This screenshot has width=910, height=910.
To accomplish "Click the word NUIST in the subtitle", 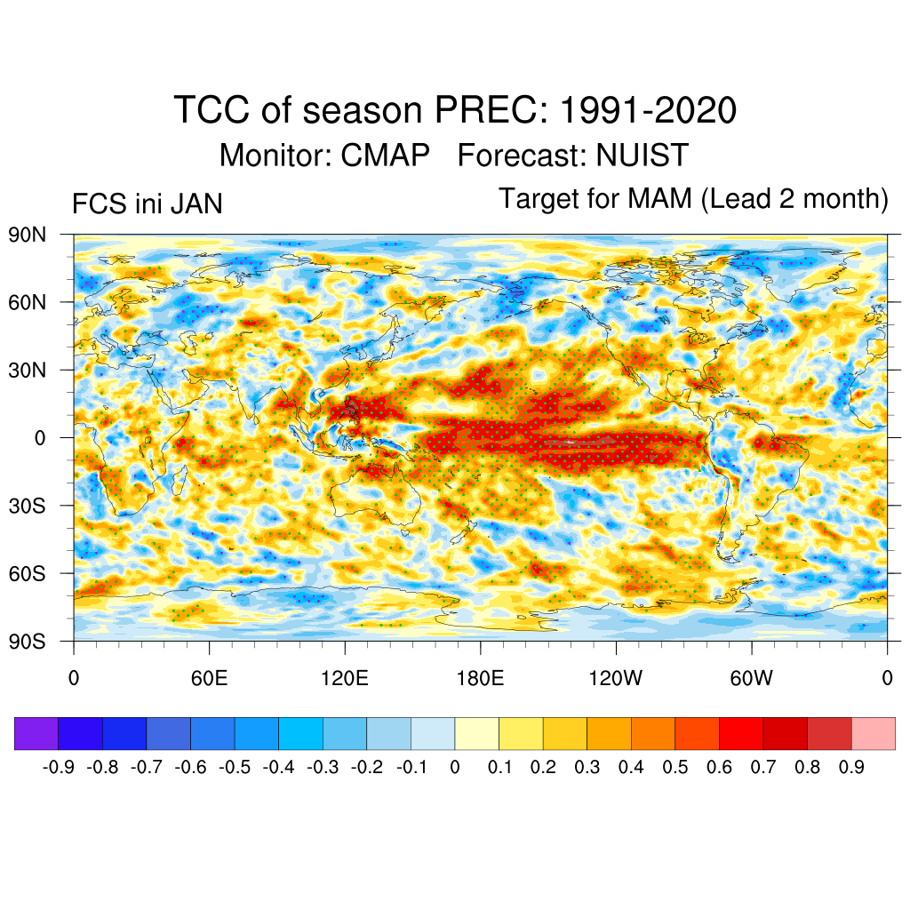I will pyautogui.click(x=643, y=156).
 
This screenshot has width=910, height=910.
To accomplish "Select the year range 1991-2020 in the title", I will pyautogui.click(x=648, y=111).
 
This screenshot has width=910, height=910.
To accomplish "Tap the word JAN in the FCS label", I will pyautogui.click(x=196, y=205).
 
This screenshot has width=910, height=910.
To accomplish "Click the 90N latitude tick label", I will pyautogui.click(x=28, y=235).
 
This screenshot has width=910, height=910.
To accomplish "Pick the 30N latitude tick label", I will pyautogui.click(x=28, y=370).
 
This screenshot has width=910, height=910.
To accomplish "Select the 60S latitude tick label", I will pyautogui.click(x=28, y=573).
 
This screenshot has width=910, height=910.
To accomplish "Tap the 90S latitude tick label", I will pyautogui.click(x=28, y=641).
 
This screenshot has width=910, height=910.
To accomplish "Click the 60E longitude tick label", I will pyautogui.click(x=209, y=680).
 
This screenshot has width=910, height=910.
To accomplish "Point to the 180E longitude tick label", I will pyautogui.click(x=480, y=680).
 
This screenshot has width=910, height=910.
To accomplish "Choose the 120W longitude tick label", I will pyautogui.click(x=616, y=680).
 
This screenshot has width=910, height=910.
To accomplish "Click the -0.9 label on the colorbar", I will pyautogui.click(x=60, y=767).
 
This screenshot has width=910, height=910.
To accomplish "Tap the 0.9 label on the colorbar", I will pyautogui.click(x=851, y=767).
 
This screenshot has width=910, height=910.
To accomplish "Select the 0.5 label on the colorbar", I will pyautogui.click(x=675, y=767).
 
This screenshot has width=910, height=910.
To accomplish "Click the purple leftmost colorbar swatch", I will pyautogui.click(x=36, y=734).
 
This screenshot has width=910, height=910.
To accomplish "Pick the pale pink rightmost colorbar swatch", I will pyautogui.click(x=873, y=734).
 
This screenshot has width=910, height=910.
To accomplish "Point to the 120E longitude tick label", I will pyautogui.click(x=345, y=680).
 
